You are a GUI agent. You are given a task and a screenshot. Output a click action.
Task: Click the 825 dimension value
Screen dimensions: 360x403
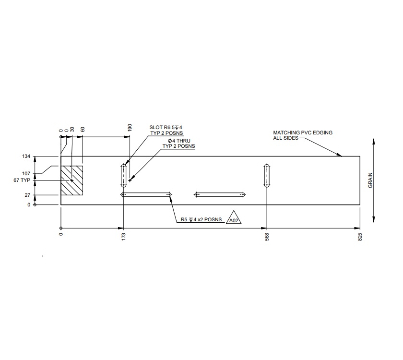pyautogui.click(x=360, y=236)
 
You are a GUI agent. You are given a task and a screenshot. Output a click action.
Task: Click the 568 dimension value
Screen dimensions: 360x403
pyautogui.click(x=267, y=236)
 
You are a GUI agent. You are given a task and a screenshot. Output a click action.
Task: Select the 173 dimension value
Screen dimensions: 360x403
pyautogui.click(x=124, y=236)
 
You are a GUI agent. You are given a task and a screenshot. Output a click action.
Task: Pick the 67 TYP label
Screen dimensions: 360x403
pyautogui.click(x=22, y=180)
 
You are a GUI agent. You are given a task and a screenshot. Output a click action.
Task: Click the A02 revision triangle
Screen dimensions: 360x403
pyautogui.click(x=234, y=219)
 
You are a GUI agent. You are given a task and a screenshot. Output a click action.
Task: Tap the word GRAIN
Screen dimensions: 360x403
pyautogui.click(x=370, y=180)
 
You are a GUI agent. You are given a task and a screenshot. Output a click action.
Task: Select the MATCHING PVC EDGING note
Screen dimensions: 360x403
pyautogui.click(x=302, y=135)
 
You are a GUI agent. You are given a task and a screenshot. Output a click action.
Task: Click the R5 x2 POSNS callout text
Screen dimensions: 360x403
pyautogui.click(x=201, y=220)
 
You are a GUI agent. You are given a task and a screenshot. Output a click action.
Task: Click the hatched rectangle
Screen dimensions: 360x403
pyautogui.click(x=72, y=180)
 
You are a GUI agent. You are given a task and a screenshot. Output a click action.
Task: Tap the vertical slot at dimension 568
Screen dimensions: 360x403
pyautogui.click(x=267, y=176)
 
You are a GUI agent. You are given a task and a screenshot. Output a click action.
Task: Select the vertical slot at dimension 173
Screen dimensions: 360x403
pyautogui.click(x=124, y=176)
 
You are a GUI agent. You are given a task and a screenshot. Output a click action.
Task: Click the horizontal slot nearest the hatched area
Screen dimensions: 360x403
pyautogui.click(x=146, y=194)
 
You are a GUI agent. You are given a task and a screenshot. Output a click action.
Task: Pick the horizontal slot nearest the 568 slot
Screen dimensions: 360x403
pyautogui.click(x=220, y=194)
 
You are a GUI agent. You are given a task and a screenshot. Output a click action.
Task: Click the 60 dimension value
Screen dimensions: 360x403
pyautogui.click(x=83, y=130)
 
